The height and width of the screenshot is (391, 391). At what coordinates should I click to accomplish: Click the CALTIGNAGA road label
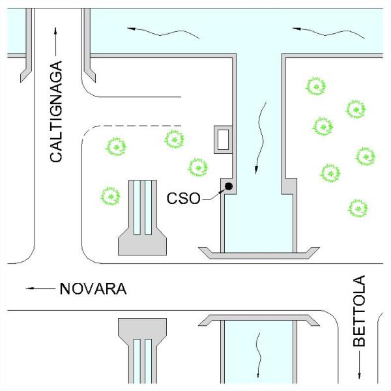(x=57, y=112)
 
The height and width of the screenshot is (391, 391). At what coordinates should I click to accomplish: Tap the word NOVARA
(x=92, y=288)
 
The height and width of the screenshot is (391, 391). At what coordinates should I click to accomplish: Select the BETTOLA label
(x=359, y=311)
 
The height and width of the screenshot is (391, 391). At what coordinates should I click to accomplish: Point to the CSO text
(x=184, y=196)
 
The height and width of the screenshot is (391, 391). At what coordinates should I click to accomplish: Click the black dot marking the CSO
(x=229, y=188)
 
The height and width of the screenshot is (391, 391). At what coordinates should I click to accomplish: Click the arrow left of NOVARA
(x=38, y=287)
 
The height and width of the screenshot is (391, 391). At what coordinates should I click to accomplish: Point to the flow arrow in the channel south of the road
(x=259, y=355)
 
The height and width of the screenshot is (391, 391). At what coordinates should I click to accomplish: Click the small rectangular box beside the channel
(x=224, y=139)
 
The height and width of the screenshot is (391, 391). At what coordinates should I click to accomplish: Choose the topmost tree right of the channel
(x=316, y=86)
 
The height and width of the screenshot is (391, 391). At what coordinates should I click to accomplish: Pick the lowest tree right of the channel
(x=358, y=208)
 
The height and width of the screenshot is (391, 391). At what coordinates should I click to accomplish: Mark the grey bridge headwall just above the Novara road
(x=258, y=251)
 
